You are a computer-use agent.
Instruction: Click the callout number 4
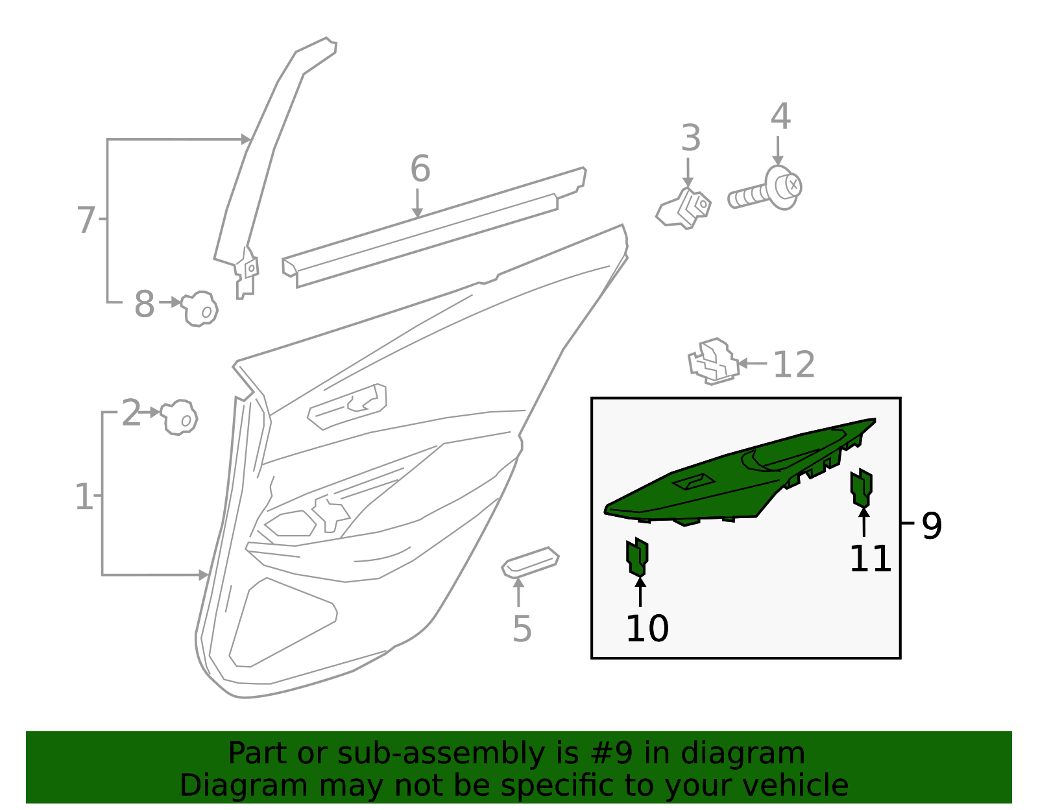780,116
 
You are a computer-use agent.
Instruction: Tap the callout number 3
691,138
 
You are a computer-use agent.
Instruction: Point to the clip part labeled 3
684,208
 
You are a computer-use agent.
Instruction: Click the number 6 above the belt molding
420,169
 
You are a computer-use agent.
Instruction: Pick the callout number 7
86,220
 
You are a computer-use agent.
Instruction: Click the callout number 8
144,304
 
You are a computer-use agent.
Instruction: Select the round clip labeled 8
200,309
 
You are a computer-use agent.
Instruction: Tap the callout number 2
131,413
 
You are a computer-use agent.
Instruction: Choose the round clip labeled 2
179,417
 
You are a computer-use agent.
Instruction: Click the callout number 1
84,497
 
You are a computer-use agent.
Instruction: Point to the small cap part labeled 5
530,563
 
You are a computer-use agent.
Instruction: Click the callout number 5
522,629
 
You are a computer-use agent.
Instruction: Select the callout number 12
793,364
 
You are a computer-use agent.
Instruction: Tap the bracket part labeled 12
713,361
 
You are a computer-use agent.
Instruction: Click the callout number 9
932,525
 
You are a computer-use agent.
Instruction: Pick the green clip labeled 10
637,557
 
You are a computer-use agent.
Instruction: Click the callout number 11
871,559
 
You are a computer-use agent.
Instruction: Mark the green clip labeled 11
862,488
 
